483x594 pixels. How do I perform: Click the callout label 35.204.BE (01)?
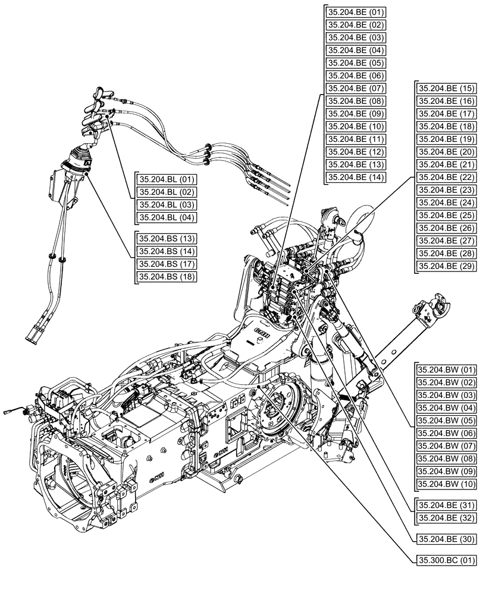coord(356,12)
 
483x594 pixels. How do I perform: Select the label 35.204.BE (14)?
coord(356,177)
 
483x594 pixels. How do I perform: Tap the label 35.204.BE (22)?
coord(446,177)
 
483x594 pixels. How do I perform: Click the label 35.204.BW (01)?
coord(447,369)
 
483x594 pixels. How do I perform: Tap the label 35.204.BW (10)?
coord(447,484)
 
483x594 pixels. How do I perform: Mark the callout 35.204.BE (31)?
coord(446,505)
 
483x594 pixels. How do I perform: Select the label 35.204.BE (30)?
coord(446,539)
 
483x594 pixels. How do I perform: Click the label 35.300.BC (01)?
coord(446,560)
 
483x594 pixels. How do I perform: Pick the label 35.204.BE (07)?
coord(356,88)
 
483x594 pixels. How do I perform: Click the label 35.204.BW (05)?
coord(447,421)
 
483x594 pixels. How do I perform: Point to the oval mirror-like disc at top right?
coord(360,220)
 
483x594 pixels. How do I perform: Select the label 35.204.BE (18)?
coord(446,126)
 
